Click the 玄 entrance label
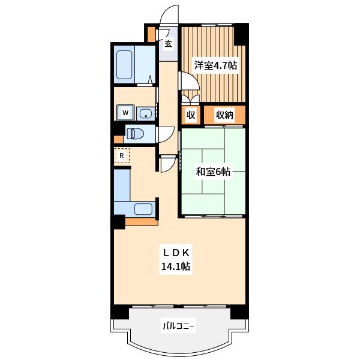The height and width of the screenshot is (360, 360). (169, 44)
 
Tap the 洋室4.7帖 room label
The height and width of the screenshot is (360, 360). (215, 65)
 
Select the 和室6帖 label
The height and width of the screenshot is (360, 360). (213, 172)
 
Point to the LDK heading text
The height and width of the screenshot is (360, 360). (176, 253)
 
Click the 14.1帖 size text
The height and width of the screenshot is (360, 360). (176, 266)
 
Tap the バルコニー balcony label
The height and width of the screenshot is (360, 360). (178, 326)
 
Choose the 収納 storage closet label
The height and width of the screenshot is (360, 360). (224, 115)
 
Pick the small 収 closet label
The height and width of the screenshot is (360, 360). (191, 115)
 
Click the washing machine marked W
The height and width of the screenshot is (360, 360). (125, 113)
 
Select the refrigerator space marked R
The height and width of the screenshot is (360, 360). (122, 155)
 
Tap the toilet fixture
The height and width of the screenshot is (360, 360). (135, 134)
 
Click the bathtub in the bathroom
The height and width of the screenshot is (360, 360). (124, 65)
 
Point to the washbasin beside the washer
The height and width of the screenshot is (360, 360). (146, 113)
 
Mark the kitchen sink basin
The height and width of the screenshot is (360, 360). (143, 209)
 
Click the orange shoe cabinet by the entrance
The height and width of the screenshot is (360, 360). (151, 34)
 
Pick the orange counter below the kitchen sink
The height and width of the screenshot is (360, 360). (142, 221)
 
